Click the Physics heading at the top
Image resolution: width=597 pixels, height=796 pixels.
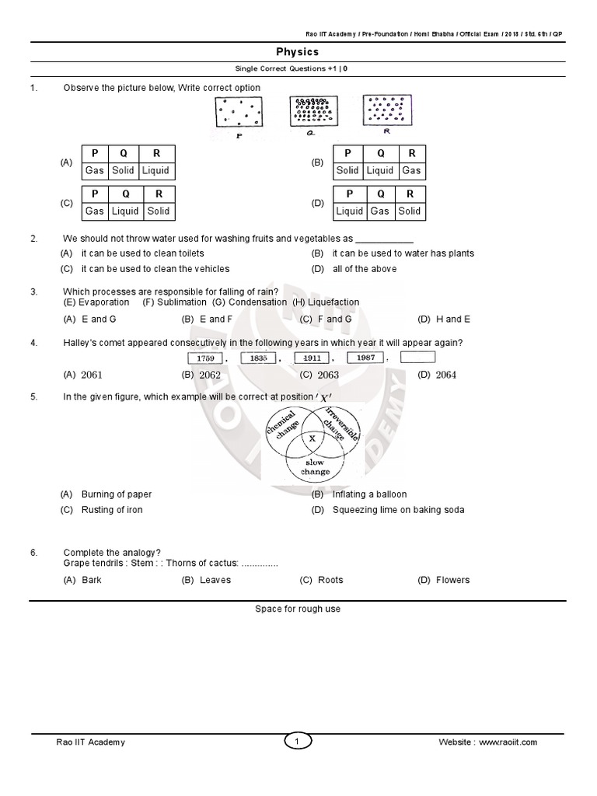(x=297, y=51)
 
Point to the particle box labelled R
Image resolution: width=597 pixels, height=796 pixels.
(x=386, y=110)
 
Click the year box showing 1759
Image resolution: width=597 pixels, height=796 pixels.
(x=205, y=358)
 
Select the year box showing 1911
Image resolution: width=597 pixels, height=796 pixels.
(x=312, y=358)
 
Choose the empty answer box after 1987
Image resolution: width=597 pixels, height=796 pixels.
(x=417, y=358)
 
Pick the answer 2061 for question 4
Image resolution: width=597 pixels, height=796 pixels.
(x=92, y=375)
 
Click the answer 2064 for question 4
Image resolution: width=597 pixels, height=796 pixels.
(x=446, y=375)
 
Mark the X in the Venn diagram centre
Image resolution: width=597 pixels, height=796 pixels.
(x=312, y=439)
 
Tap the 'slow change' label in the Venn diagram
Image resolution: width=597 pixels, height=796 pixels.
(x=315, y=467)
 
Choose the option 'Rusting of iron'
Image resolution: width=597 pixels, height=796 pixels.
(x=111, y=510)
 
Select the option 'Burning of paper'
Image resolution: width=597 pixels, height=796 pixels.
(x=116, y=494)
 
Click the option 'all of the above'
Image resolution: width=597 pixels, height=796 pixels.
(x=364, y=269)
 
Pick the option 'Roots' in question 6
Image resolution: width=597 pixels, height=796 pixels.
(x=330, y=580)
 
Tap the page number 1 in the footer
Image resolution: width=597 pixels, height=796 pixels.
(x=296, y=742)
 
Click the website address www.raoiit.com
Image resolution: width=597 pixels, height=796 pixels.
(x=507, y=742)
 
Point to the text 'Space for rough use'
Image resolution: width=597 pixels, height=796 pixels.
(x=298, y=609)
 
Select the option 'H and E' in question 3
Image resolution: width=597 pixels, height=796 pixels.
(x=453, y=319)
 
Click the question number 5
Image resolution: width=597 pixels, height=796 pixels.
(x=34, y=396)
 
